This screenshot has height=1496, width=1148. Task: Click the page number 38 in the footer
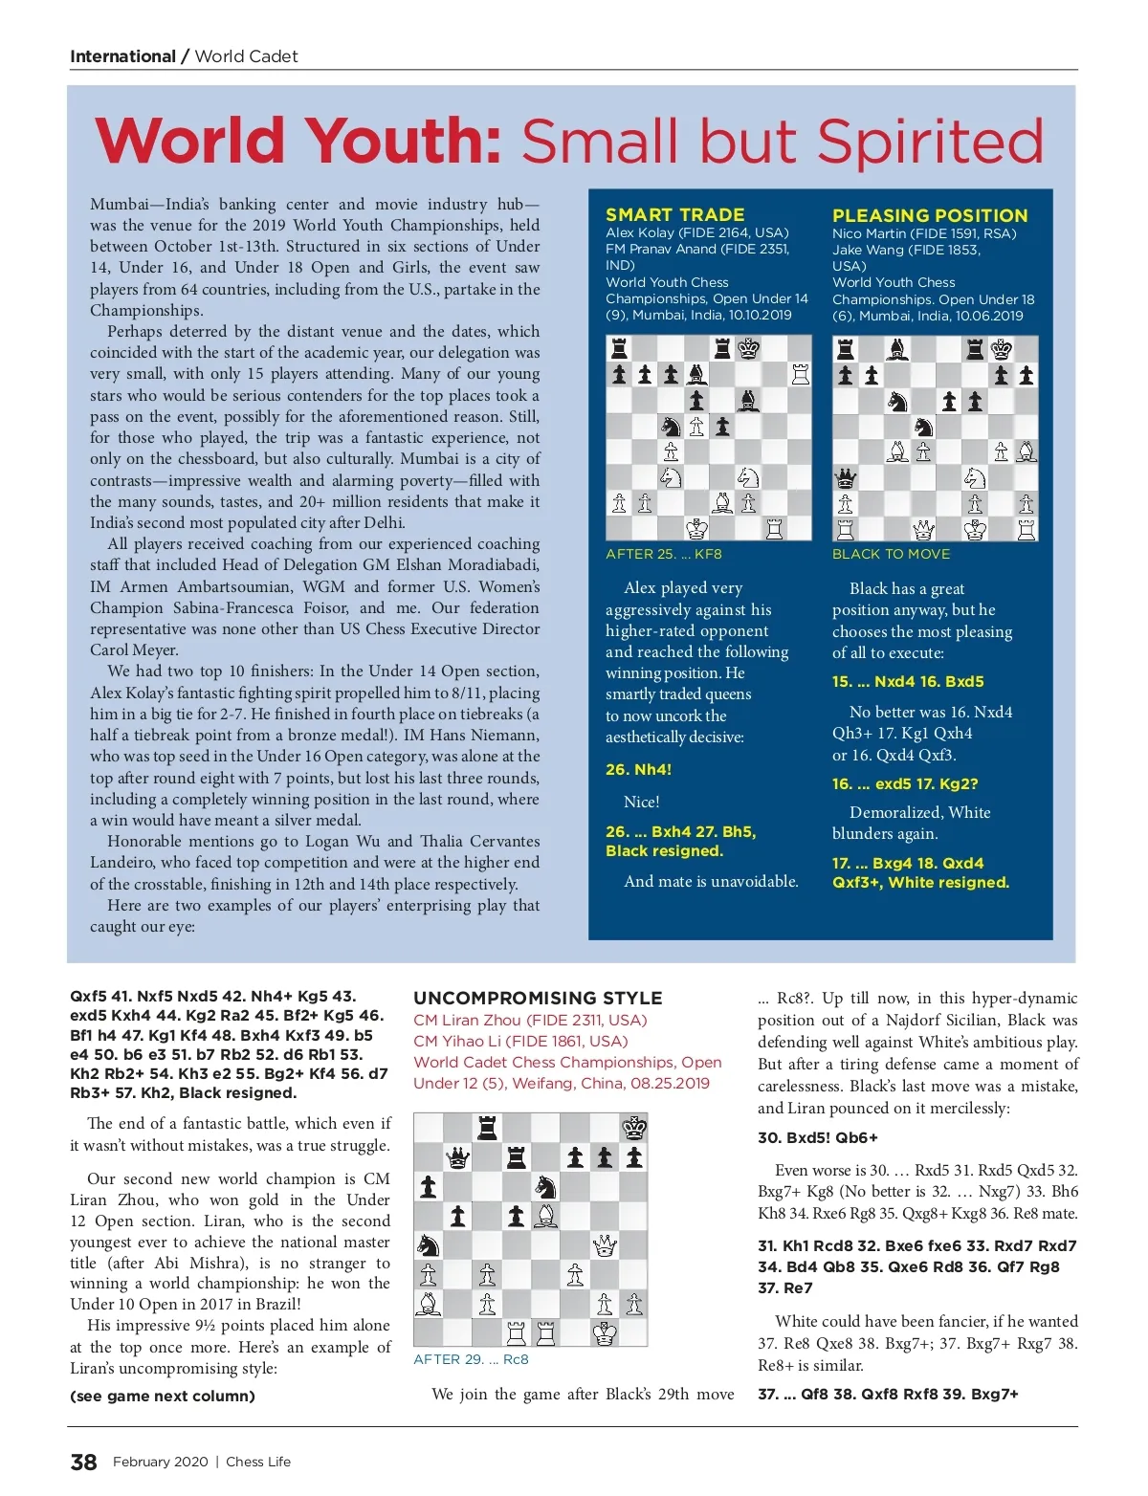click(x=83, y=1462)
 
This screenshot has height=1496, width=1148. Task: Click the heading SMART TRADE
click(x=674, y=214)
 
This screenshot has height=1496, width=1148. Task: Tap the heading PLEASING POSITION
click(x=929, y=215)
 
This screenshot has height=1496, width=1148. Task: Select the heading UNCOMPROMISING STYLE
click(x=538, y=998)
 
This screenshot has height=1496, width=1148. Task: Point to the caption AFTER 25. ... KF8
click(x=663, y=554)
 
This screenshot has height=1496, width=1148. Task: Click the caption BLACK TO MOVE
click(x=891, y=554)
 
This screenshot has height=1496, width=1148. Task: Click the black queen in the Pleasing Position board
click(x=846, y=477)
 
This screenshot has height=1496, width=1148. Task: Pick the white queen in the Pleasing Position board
click(x=923, y=528)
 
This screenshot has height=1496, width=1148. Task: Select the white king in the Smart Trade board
click(x=696, y=528)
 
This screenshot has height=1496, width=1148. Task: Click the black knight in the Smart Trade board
click(x=671, y=426)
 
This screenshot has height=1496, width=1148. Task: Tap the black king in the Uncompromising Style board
click(x=634, y=1128)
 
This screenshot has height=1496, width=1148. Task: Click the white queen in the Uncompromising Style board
click(x=605, y=1245)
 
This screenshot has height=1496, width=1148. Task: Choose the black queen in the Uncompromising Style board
click(x=458, y=1158)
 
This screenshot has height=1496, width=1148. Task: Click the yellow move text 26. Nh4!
click(x=638, y=769)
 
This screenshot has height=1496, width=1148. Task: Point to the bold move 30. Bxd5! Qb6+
click(x=817, y=1137)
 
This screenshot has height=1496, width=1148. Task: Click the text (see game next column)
click(x=162, y=1396)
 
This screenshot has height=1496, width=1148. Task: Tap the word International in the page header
click(x=122, y=56)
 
